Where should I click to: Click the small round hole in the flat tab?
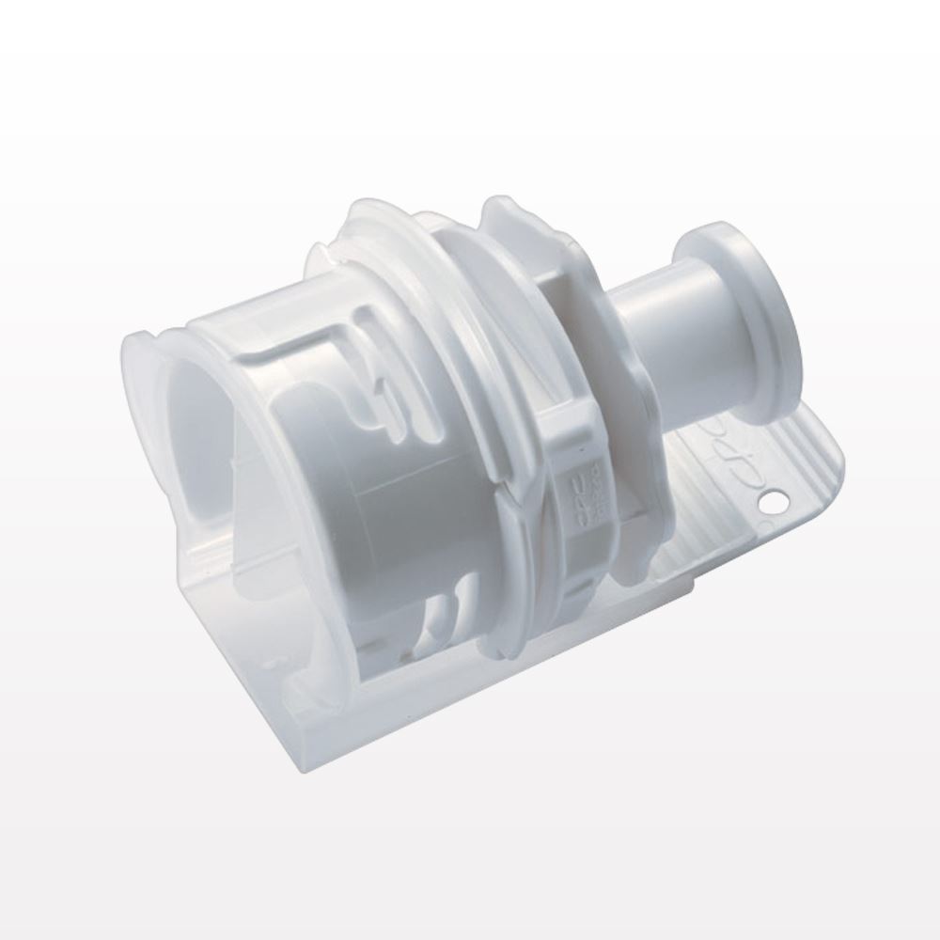(x=775, y=503)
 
